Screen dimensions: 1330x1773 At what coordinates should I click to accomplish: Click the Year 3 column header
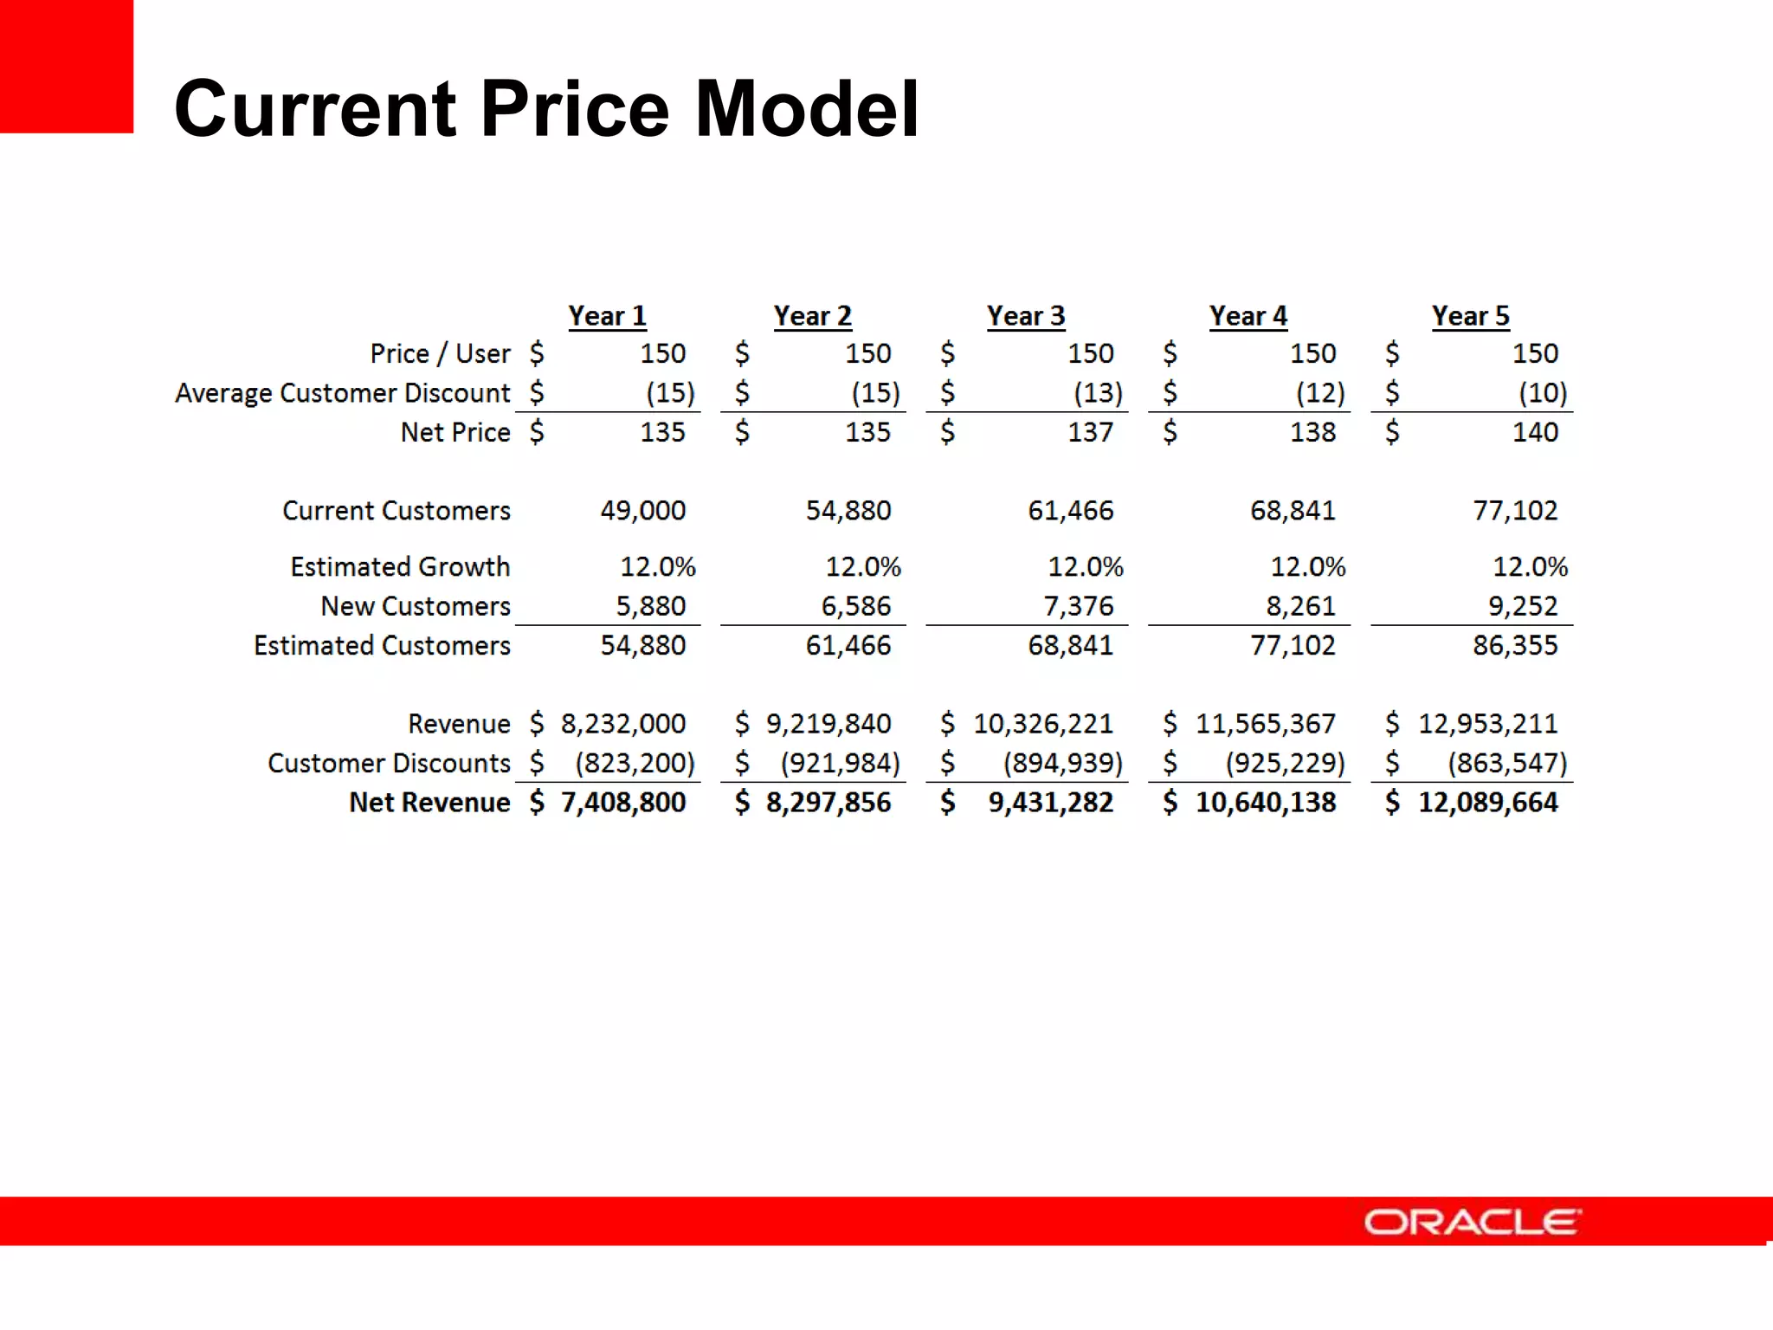pyautogui.click(x=1026, y=316)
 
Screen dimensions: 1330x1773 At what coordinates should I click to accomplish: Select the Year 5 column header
pyautogui.click(x=1470, y=316)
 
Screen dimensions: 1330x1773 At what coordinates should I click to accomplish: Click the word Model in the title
pyautogui.click(x=807, y=109)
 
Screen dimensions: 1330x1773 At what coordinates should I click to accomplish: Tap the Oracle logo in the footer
pyautogui.click(x=1472, y=1222)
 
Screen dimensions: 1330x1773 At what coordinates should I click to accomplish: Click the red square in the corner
pyautogui.click(x=66, y=66)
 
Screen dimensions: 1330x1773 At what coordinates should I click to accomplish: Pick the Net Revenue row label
pyautogui.click(x=429, y=803)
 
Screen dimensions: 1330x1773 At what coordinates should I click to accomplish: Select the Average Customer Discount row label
pyautogui.click(x=343, y=393)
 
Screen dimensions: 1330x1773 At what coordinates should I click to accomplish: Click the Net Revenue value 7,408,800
pyautogui.click(x=623, y=803)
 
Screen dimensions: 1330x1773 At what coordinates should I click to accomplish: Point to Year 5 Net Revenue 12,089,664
pyautogui.click(x=1487, y=803)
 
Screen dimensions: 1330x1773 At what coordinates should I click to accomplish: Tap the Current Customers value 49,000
pyautogui.click(x=643, y=511)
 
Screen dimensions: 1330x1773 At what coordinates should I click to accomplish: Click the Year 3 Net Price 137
pyautogui.click(x=1090, y=432)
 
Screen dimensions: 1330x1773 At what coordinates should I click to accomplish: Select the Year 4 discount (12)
pyautogui.click(x=1320, y=393)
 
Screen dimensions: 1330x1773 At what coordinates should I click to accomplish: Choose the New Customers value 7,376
pyautogui.click(x=1079, y=606)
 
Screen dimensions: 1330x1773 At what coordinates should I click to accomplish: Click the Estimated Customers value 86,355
pyautogui.click(x=1515, y=646)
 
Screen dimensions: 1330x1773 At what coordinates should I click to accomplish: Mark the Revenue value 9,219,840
pyautogui.click(x=828, y=724)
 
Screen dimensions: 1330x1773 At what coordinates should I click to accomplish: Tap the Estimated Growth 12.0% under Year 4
pyautogui.click(x=1307, y=567)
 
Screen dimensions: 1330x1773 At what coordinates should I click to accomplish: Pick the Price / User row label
pyautogui.click(x=440, y=354)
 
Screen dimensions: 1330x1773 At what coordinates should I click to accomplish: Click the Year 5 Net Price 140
pyautogui.click(x=1535, y=432)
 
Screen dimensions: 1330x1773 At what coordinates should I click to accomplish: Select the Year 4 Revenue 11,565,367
pyautogui.click(x=1265, y=724)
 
